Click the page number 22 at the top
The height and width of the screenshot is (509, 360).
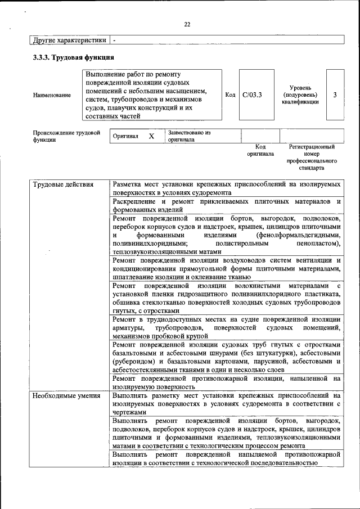[187, 24]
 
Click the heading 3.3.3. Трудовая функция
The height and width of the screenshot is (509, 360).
[74, 57]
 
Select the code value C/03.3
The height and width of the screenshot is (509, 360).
[252, 95]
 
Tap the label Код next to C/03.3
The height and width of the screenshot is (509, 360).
[230, 95]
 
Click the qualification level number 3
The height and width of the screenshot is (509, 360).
[335, 95]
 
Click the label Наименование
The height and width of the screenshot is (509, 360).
[52, 95]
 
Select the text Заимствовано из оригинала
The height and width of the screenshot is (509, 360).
[188, 136]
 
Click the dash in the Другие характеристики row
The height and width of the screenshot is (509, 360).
[114, 40]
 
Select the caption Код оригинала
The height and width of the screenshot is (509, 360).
[260, 150]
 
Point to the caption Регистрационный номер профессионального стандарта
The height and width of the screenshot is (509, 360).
[312, 157]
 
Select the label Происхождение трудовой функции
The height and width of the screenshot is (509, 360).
[66, 136]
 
